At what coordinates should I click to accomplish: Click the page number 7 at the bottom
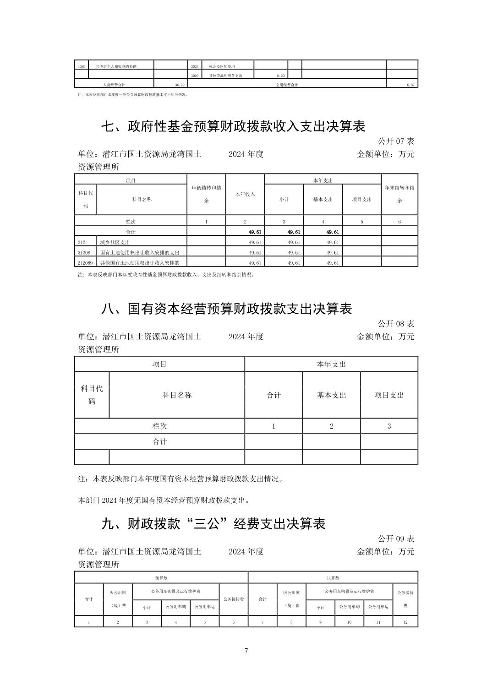tap(246, 651)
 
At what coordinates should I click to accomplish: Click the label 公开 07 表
tap(396, 141)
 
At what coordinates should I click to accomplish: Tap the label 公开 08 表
tap(396, 323)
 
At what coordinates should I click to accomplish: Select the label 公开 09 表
tap(396, 538)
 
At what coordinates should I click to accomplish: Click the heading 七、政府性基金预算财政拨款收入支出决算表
tap(233, 126)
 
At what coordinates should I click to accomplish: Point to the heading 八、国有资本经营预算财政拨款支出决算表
tap(226, 309)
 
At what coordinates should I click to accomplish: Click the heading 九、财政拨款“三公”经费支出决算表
tap(213, 523)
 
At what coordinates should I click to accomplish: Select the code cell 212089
tap(85, 263)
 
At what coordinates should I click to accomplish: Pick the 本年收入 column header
tap(245, 194)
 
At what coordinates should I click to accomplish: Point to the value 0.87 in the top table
tap(410, 85)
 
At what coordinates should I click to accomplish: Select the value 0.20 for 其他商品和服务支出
tap(280, 76)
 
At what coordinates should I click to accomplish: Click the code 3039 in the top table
tap(81, 66)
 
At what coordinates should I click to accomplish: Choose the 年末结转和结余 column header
tap(399, 194)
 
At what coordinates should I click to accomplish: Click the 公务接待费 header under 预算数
tap(234, 598)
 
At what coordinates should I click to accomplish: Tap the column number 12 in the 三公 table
tap(405, 622)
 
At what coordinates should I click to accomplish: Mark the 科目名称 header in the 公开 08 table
tap(177, 395)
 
